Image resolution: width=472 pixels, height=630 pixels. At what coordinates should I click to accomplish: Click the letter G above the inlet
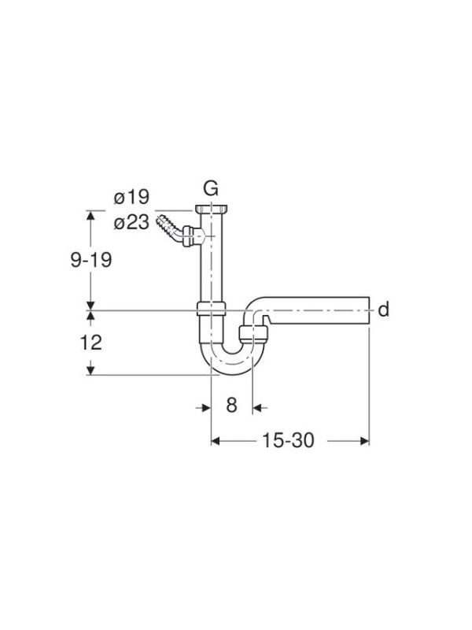coord(211,188)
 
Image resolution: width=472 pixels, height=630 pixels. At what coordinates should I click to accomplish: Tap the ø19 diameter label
coord(131,198)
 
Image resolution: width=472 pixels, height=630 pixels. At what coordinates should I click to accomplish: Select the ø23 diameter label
coord(131,222)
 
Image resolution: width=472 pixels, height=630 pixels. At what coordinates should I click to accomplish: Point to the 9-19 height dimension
coord(91,260)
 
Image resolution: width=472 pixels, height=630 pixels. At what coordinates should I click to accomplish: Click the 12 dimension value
coord(91,343)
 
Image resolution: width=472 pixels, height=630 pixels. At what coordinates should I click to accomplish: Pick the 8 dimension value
coord(231,405)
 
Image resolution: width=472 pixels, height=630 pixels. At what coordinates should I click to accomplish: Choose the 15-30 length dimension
coord(288,440)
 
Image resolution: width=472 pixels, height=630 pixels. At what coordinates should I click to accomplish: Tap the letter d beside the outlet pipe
coord(384,309)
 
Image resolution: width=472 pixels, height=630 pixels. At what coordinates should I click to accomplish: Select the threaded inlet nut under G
coord(211,209)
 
